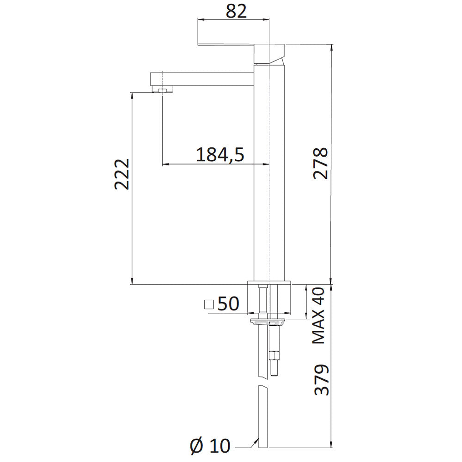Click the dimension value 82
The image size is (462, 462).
coord(236,12)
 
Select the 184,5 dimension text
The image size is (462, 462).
coord(220,155)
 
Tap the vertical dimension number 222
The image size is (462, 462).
coord(122,174)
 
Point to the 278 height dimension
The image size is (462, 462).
coord(320,163)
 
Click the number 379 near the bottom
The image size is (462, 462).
coord(322,380)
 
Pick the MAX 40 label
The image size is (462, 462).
coord(318,316)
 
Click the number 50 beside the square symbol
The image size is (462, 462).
coord(228,304)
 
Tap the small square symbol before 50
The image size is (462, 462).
coord(209,304)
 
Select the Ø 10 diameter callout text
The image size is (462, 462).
coord(210,446)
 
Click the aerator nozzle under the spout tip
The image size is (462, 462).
coord(162,89)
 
